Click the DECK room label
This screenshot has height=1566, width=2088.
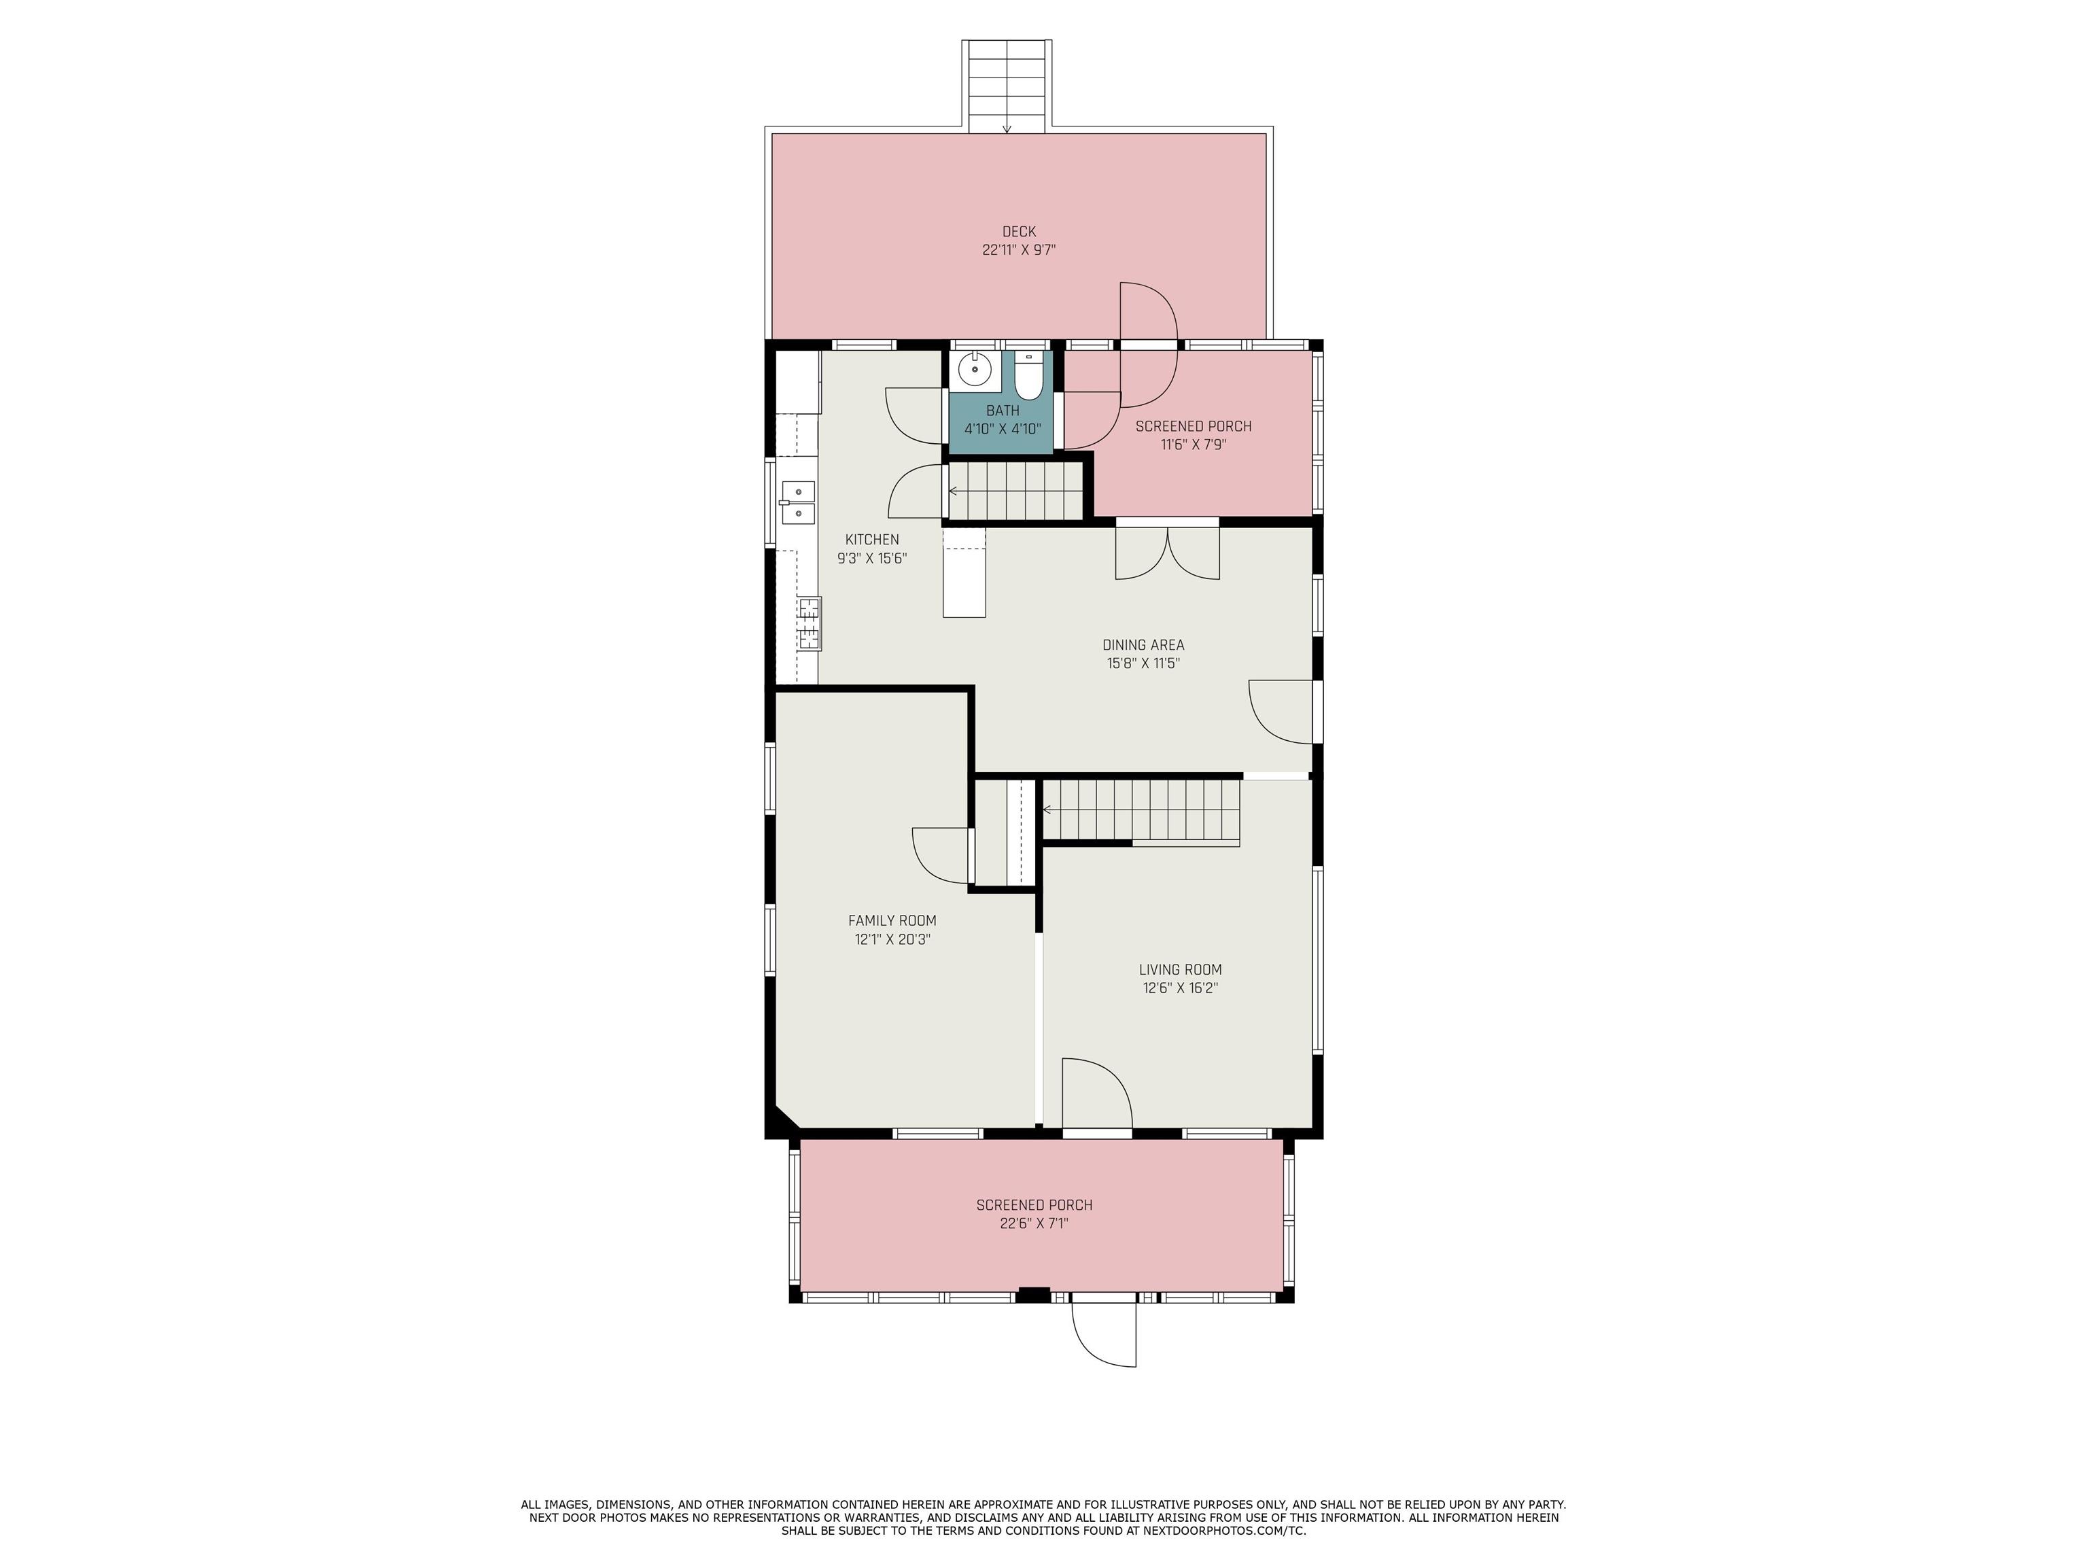[1019, 231]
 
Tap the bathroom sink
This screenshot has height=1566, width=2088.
[974, 370]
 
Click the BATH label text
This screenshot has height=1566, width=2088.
[1003, 411]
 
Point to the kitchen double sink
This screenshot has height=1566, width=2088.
[799, 501]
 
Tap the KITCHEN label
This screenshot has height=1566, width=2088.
[871, 540]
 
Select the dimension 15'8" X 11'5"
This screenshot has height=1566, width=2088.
[1143, 663]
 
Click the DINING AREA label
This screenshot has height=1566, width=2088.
[1143, 646]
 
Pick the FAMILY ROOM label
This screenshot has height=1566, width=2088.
[892, 920]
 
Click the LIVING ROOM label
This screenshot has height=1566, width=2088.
[1180, 969]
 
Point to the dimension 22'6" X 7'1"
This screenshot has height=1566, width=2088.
[1034, 1223]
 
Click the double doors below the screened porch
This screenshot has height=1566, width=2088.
[1168, 553]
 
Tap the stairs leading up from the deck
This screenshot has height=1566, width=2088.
[1007, 86]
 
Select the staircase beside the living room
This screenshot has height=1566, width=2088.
[1141, 809]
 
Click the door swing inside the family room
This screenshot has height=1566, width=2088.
[941, 856]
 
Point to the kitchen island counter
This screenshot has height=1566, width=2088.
[964, 573]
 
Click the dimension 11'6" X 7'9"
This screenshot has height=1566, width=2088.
[1193, 445]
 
